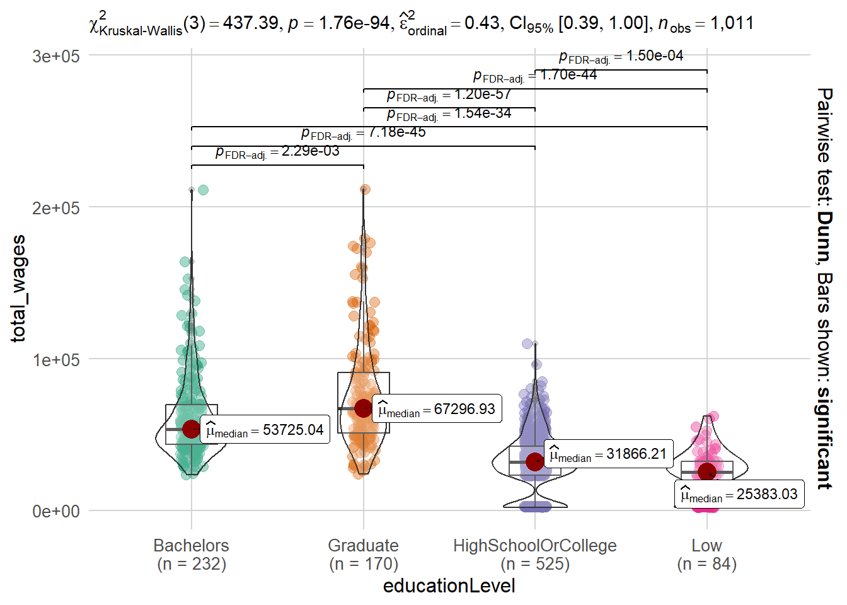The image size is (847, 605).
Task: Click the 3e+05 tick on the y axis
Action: coord(56,56)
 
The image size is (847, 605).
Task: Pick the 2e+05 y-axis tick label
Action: coord(56,208)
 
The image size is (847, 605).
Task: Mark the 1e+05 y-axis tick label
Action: coord(56,360)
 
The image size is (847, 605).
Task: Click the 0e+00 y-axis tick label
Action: coord(56,511)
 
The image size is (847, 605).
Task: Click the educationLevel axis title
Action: coord(449,586)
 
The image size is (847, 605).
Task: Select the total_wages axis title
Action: coord(19,289)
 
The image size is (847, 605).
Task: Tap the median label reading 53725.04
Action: coord(265,430)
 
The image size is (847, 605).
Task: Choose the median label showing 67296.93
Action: coord(437,409)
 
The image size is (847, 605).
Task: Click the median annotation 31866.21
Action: coord(608,454)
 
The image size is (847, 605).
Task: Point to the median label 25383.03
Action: coord(739,494)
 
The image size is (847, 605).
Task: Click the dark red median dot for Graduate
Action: coord(363,408)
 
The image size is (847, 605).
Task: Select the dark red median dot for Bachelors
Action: coord(192,429)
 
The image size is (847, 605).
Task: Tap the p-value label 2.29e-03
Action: coord(277,152)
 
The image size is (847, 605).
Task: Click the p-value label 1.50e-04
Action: coord(621,56)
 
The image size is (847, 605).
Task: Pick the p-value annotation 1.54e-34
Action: coord(449,114)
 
